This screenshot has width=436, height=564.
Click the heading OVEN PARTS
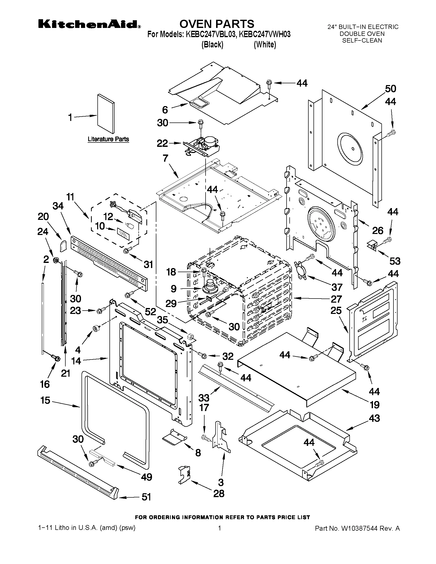(x=217, y=24)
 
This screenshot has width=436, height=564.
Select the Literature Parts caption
(x=108, y=139)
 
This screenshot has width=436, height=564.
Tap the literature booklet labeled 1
(x=106, y=114)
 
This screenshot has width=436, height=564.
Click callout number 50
(x=390, y=89)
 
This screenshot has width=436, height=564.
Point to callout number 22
(x=162, y=143)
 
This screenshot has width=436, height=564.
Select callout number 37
(x=337, y=287)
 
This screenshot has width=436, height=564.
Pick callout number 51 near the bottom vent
(x=146, y=497)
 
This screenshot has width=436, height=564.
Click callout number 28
(x=219, y=494)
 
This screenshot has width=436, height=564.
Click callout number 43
(x=374, y=418)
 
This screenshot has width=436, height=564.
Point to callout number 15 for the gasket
(x=45, y=400)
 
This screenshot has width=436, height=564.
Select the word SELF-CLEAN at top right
(x=362, y=40)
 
